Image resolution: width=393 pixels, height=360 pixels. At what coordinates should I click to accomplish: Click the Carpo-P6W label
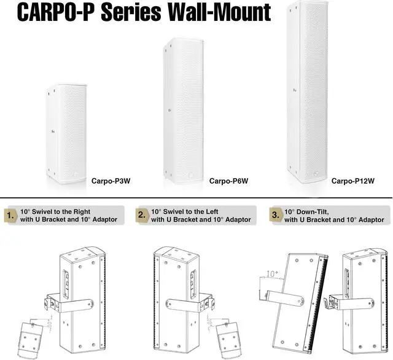tap(228, 181)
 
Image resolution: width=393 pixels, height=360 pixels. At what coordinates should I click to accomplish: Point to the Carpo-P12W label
tap(352, 181)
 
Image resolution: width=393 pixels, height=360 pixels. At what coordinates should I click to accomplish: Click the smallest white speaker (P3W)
tap(66, 133)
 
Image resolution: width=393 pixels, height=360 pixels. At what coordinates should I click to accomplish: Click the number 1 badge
tap(10, 215)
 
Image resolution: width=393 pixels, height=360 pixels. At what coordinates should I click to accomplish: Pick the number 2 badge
tap(142, 215)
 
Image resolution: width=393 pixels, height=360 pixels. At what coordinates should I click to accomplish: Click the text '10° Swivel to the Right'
tap(59, 210)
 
